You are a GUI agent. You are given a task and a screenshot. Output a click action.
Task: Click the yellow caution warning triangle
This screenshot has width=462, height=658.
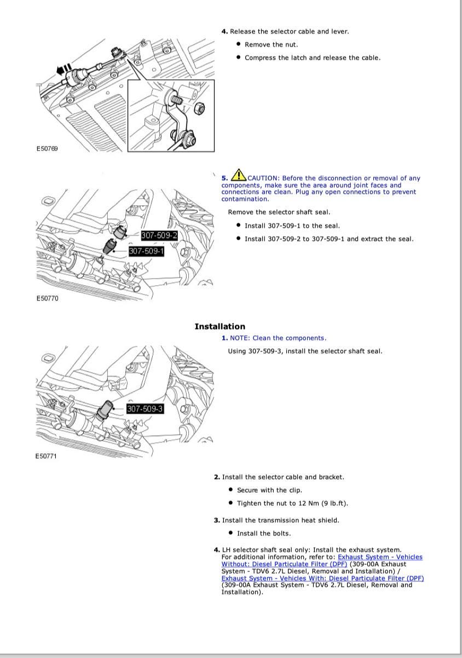click(238, 175)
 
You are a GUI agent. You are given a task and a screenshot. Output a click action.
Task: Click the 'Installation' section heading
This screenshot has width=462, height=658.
click(220, 326)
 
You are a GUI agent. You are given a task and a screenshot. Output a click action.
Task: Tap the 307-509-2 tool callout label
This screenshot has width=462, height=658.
click(159, 235)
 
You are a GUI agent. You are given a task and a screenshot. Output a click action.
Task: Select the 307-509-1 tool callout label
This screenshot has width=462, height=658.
click(146, 251)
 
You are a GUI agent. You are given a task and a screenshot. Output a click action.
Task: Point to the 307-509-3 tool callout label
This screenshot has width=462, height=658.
click(145, 409)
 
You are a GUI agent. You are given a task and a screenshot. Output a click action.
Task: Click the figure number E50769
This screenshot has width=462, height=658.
click(47, 148)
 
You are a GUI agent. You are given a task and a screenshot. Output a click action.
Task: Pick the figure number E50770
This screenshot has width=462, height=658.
click(47, 298)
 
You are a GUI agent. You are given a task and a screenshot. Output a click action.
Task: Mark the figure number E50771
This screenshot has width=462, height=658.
click(47, 456)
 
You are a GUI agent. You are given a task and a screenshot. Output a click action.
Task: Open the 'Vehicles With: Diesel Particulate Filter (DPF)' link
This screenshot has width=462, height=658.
click(322, 578)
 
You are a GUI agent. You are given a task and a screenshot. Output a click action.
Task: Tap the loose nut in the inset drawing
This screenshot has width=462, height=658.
click(200, 109)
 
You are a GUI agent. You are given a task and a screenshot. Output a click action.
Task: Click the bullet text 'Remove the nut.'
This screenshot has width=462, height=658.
click(272, 44)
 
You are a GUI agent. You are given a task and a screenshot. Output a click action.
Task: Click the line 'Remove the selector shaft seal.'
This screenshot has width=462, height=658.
click(279, 212)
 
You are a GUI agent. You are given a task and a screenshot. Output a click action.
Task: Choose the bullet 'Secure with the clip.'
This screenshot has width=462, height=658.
click(269, 490)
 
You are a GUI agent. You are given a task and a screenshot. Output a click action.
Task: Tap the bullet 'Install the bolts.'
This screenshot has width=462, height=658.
click(264, 533)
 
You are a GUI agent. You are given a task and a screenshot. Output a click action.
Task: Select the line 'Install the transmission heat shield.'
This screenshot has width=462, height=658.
click(280, 520)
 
